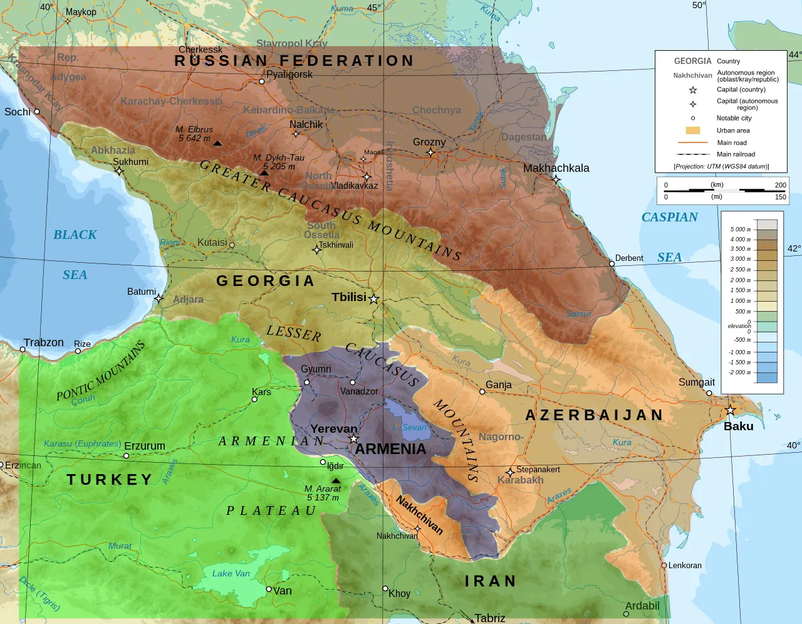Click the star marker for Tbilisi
pyautogui.click(x=374, y=299)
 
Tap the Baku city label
pyautogui.click(x=738, y=426)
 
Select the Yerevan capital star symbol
pyautogui.click(x=354, y=439)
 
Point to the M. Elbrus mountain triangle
pyautogui.click(x=217, y=144)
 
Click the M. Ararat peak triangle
pyautogui.click(x=336, y=480)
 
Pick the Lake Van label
pyautogui.click(x=231, y=573)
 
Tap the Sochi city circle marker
pyautogui.click(x=37, y=112)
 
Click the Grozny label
pyautogui.click(x=429, y=142)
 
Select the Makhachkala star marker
pyautogui.click(x=556, y=179)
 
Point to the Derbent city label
pyautogui.click(x=629, y=258)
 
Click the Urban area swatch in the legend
pyautogui.click(x=692, y=130)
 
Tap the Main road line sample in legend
pyautogui.click(x=692, y=142)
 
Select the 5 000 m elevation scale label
pyautogui.click(x=740, y=229)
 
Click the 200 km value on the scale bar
pyautogui.click(x=780, y=185)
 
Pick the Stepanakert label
pyautogui.click(x=538, y=469)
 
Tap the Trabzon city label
pyautogui.click(x=43, y=342)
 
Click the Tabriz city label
pyautogui.click(x=489, y=618)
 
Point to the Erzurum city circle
pyautogui.click(x=127, y=456)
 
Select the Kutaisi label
pyautogui.click(x=212, y=242)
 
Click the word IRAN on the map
pyautogui.click(x=491, y=581)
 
